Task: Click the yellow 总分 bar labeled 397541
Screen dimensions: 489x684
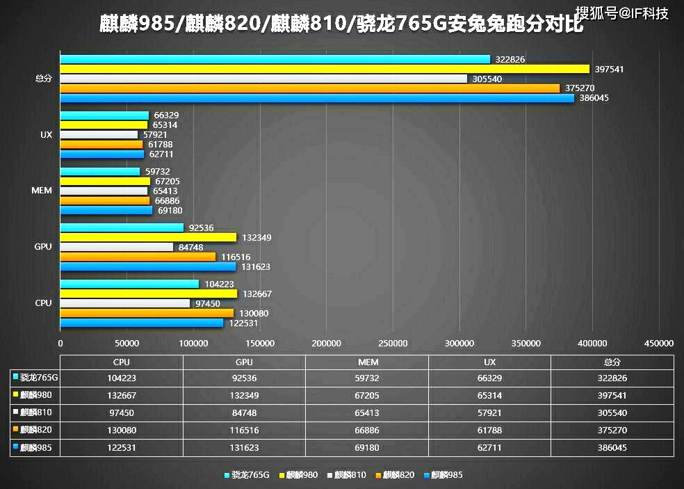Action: point(325,69)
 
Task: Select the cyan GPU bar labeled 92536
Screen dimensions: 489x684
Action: point(122,227)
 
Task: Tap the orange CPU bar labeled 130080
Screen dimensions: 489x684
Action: point(147,313)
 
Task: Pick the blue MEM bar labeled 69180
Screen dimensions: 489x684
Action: point(106,210)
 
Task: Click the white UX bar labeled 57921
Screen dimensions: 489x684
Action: point(99,134)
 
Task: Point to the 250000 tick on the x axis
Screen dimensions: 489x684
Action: point(393,343)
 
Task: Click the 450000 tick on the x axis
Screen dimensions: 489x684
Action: point(659,343)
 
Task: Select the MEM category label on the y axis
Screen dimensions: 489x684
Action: point(42,191)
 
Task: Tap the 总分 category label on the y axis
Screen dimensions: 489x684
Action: point(43,79)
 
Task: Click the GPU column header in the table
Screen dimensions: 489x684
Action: point(244,362)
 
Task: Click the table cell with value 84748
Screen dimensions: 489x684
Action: point(244,413)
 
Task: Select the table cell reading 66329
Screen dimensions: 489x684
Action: point(489,378)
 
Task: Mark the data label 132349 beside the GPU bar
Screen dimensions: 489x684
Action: point(256,238)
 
